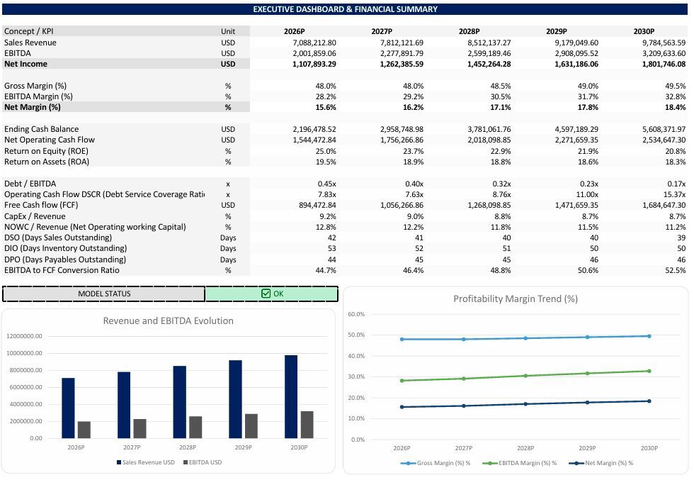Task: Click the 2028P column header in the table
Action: (x=469, y=31)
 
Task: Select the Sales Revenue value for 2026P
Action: (x=314, y=43)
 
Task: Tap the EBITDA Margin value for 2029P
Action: (x=588, y=96)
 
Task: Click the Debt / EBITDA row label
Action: (x=30, y=184)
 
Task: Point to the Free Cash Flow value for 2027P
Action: (x=402, y=205)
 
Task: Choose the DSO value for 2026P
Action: (x=331, y=238)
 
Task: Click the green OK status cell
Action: (x=272, y=294)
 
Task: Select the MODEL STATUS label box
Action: (x=104, y=294)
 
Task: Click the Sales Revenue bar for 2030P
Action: (x=291, y=396)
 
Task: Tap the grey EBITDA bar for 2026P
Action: (x=84, y=430)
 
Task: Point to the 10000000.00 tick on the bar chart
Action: (x=24, y=353)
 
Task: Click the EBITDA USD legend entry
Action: (x=203, y=462)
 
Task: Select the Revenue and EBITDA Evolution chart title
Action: (x=169, y=321)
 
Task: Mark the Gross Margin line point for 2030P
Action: (x=649, y=336)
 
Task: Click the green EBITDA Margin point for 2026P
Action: (x=402, y=381)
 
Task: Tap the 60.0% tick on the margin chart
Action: (x=356, y=314)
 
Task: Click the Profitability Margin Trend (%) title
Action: (x=516, y=298)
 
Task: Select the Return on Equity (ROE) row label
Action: (x=47, y=151)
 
